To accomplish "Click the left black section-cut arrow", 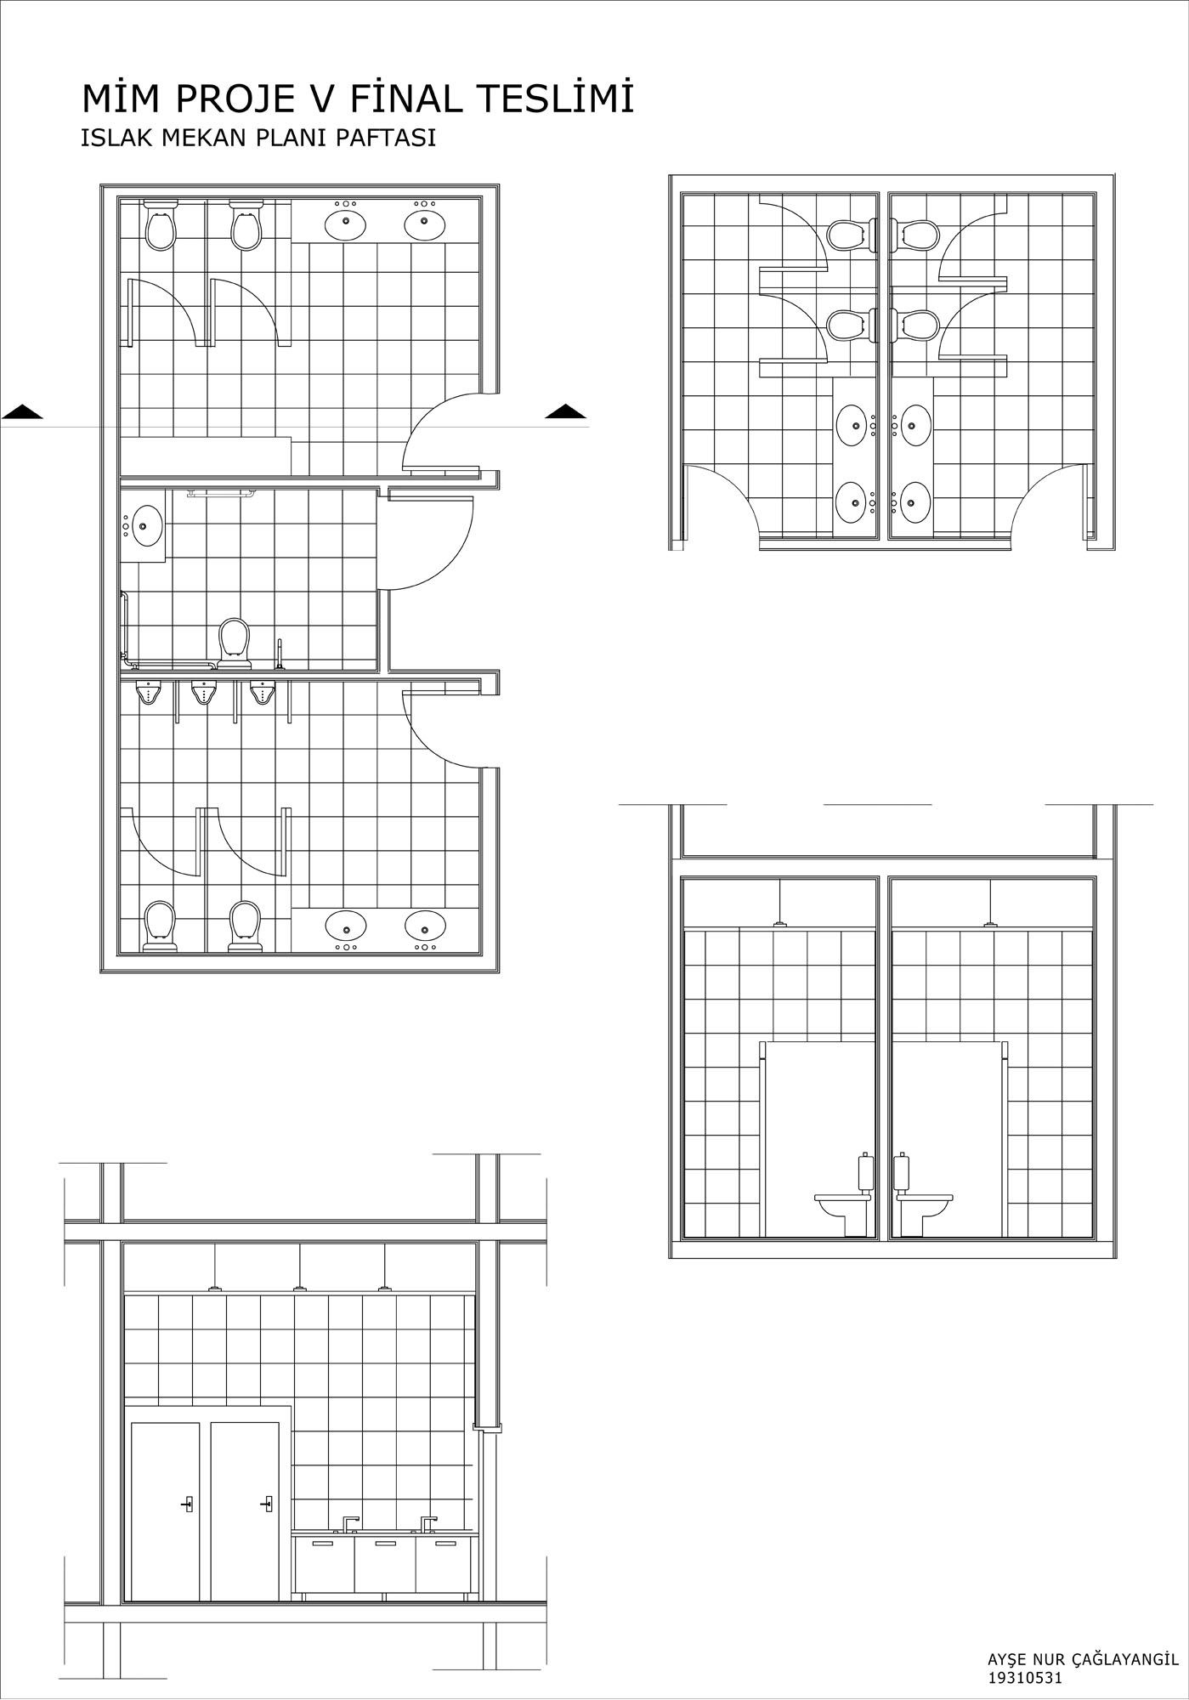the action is (22, 412).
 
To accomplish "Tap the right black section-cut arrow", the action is (565, 412).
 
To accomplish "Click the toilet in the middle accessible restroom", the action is (235, 642).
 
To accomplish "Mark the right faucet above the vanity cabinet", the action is (428, 1523).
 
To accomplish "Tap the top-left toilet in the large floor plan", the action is (160, 225).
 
